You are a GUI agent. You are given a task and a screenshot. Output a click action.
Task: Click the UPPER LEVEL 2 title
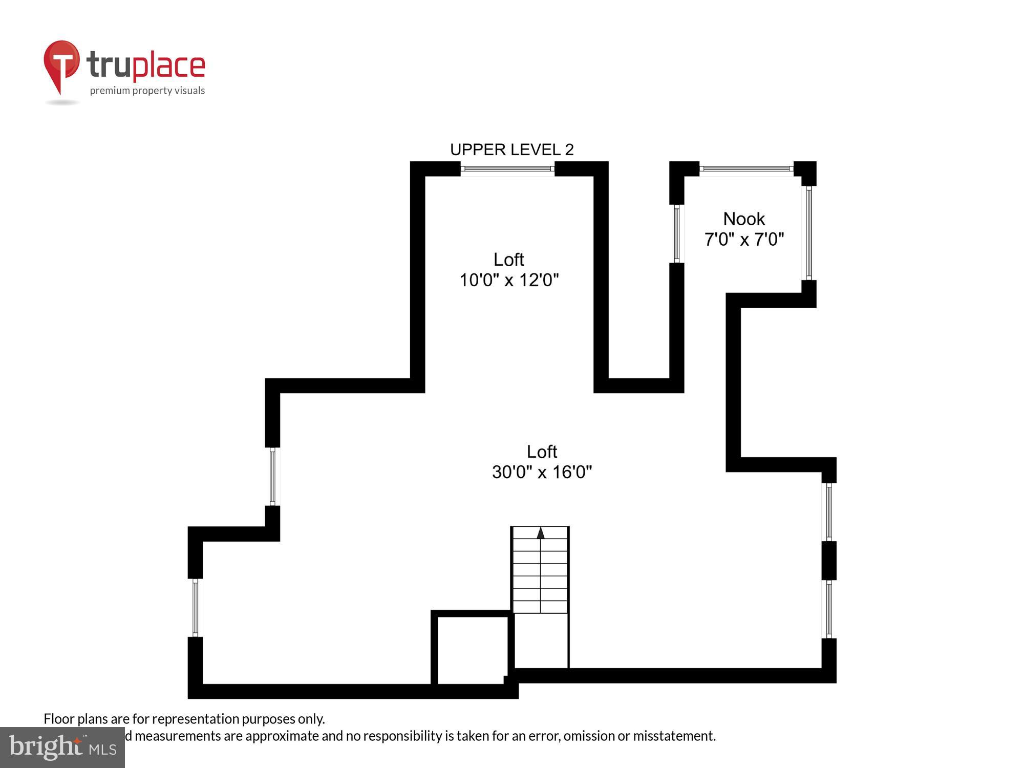coord(511,150)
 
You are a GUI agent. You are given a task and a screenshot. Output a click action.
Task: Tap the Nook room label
coord(744,219)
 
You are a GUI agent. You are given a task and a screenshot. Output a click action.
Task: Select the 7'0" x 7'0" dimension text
coord(744,240)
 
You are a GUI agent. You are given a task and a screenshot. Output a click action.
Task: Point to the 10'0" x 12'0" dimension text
coord(509,280)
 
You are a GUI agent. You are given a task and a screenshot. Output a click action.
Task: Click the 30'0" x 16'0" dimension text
coord(542,472)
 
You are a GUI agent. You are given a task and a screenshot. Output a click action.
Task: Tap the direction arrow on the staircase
coord(541,533)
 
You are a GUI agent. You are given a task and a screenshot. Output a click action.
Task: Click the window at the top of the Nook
coord(746,168)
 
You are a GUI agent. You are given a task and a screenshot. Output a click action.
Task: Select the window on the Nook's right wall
coord(809,233)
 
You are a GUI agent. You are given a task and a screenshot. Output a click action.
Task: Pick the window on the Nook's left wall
coord(677,233)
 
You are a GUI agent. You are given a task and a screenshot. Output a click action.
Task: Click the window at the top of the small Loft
coord(507,168)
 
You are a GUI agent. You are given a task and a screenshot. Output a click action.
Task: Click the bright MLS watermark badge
coord(62,747)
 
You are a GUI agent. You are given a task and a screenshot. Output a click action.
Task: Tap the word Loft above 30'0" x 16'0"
coord(542,452)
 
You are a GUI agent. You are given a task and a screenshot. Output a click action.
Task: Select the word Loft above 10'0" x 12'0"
coord(508,260)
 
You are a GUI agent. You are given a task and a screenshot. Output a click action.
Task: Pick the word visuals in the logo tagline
coord(189,91)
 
